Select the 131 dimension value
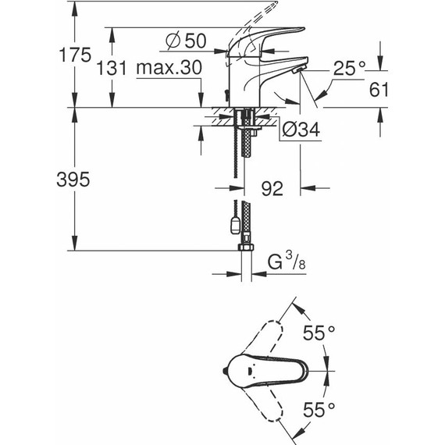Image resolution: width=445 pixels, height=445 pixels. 112,69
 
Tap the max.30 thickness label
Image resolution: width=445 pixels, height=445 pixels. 168,69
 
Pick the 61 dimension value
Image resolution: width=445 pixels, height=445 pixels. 379,90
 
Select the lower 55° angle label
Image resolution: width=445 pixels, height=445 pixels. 319,408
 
